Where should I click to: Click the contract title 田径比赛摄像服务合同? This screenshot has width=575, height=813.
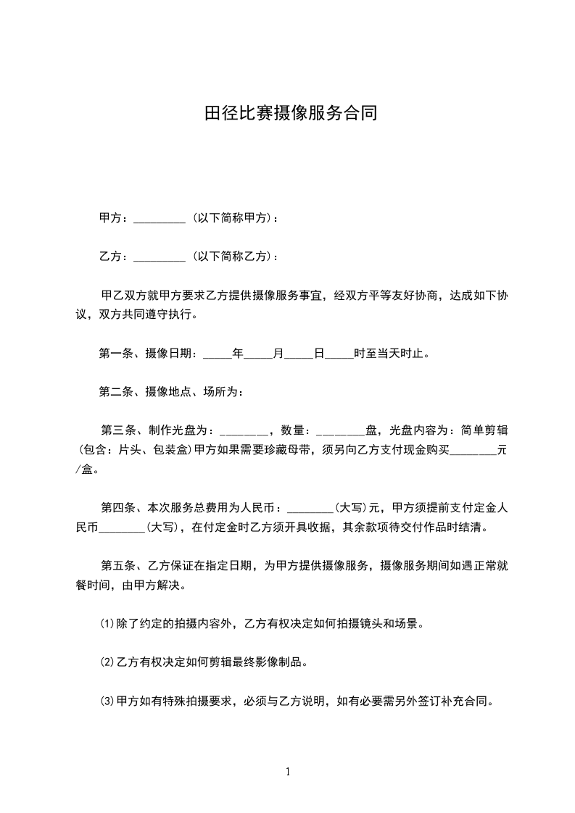(290, 114)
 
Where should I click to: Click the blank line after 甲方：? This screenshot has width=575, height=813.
(160, 219)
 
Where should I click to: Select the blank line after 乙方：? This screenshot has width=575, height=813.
(160, 257)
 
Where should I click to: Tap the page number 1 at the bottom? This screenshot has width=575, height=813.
(288, 772)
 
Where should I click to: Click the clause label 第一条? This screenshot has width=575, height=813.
(114, 354)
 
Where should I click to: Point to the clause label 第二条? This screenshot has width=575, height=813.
(114, 392)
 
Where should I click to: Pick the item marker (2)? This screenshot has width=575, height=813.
(107, 662)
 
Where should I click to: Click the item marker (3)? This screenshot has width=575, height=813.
(107, 701)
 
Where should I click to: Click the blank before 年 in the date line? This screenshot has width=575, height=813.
(217, 356)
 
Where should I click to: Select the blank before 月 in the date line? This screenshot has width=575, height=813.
(257, 356)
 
